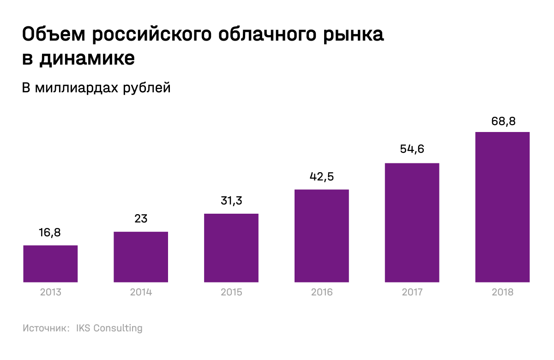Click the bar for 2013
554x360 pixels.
point(50,264)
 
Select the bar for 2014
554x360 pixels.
point(141,257)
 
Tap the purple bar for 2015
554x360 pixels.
point(231,248)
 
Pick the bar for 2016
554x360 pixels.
point(321,235)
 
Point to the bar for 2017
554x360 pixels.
point(412,222)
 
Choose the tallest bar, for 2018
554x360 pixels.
point(502,207)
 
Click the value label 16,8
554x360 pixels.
point(50,233)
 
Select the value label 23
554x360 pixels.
point(141,219)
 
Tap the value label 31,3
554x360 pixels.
point(231,201)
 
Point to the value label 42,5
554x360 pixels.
point(321,177)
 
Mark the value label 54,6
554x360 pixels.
point(412,150)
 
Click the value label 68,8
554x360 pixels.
point(502,121)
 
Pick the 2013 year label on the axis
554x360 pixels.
point(50,292)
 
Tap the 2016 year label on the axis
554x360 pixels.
point(321,292)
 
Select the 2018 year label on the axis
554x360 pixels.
point(502,292)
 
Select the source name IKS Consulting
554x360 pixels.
point(109,329)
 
